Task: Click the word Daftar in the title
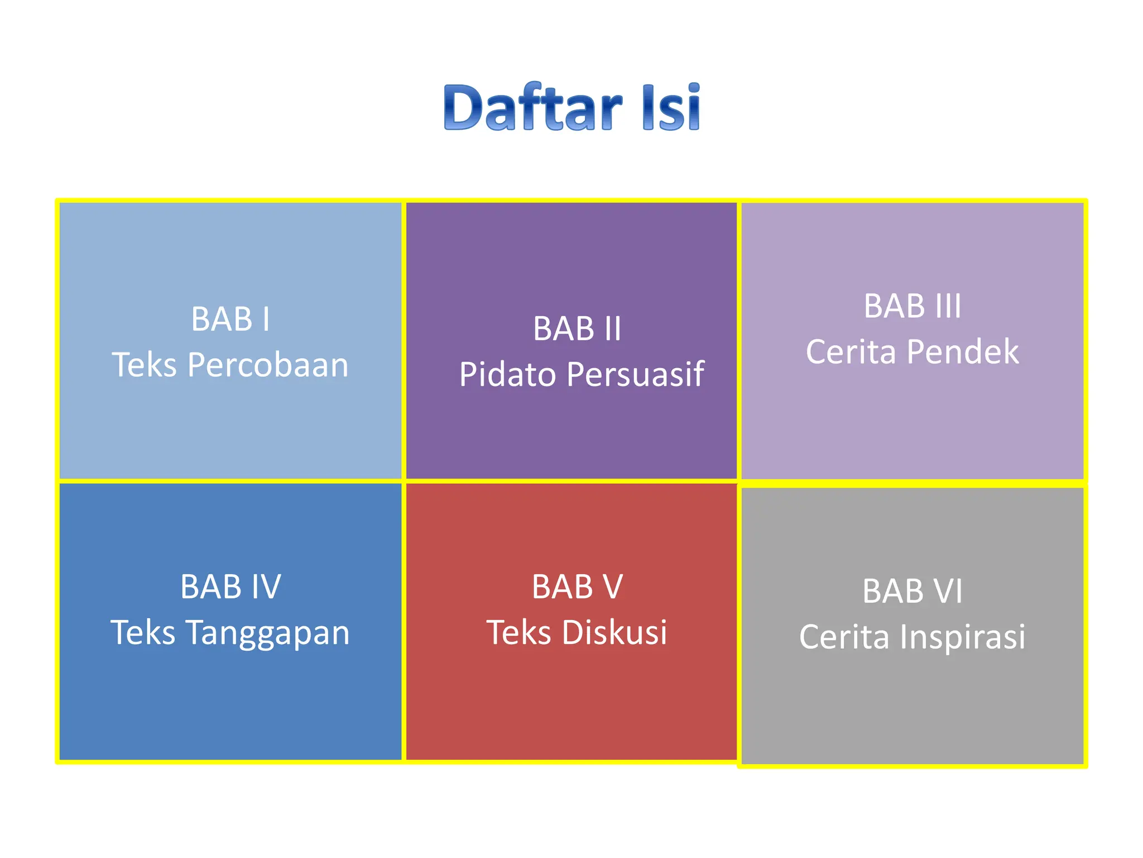pos(533,107)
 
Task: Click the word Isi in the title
pos(671,107)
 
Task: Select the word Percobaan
pos(268,365)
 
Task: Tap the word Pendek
pos(963,352)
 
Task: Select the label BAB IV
pos(230,587)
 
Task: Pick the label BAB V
pos(577,587)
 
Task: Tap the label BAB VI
pos(913,591)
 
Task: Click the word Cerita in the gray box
pos(844,637)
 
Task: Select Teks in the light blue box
pos(145,365)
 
